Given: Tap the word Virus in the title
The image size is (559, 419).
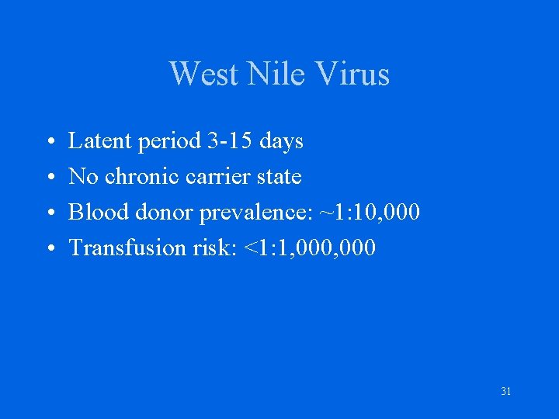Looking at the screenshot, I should click(353, 74).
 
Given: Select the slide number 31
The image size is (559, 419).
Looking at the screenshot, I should click(505, 392).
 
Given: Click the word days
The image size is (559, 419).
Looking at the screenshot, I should click(281, 141).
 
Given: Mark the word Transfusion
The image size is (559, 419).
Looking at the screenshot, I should click(127, 248).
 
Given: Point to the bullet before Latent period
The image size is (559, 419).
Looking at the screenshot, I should click(49, 143).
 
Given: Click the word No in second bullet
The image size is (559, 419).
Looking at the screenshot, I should click(83, 177).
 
